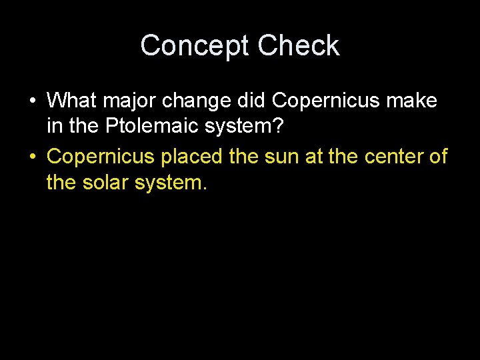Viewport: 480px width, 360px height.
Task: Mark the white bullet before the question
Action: [32, 101]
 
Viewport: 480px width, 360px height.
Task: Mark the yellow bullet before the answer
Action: [32, 156]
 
